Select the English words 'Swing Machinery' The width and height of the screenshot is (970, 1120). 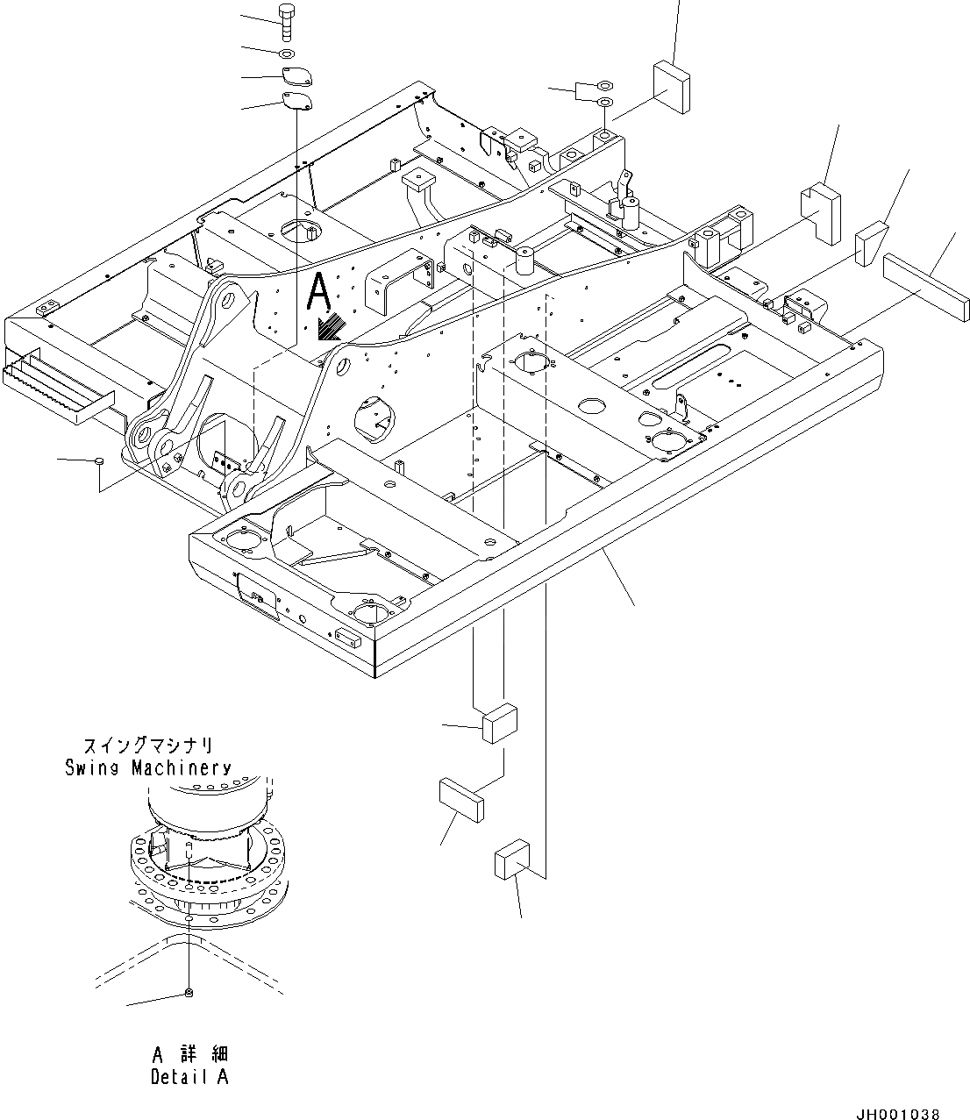(x=148, y=768)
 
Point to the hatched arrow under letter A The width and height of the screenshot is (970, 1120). (x=331, y=328)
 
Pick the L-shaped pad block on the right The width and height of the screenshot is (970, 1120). (x=819, y=211)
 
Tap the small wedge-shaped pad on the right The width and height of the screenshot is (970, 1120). (x=872, y=242)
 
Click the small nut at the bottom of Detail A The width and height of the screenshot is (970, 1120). (x=189, y=992)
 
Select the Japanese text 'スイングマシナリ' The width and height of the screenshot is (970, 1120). (x=148, y=746)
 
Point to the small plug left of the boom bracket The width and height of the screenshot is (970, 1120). (x=100, y=460)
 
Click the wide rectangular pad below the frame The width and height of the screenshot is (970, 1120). (x=461, y=798)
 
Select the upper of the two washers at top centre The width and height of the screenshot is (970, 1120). (x=604, y=85)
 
